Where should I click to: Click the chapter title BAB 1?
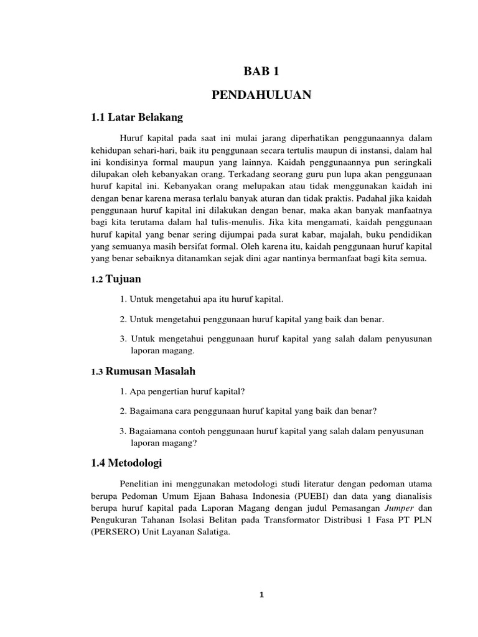click(x=261, y=72)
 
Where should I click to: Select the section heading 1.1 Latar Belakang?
click(x=138, y=116)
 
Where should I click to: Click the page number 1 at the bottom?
click(x=262, y=595)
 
